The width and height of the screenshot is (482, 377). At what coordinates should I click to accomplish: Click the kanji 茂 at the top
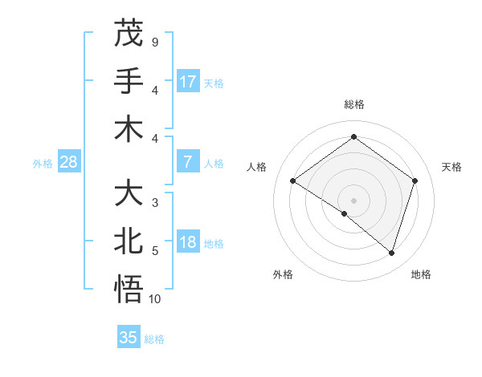point(129,33)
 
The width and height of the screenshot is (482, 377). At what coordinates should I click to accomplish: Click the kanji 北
point(129,242)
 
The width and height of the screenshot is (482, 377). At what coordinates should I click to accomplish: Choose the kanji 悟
point(129,290)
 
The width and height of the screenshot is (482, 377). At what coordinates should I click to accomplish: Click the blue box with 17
point(188,81)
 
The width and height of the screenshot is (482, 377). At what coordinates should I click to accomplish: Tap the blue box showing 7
point(188,162)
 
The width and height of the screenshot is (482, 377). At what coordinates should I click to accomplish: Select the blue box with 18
point(188,242)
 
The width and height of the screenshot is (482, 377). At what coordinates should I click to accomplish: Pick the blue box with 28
point(69,162)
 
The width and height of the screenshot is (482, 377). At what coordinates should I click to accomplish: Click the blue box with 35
point(129,338)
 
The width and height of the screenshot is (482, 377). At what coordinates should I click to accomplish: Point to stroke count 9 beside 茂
point(154,41)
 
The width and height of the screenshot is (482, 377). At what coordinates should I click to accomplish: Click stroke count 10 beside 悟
point(156,298)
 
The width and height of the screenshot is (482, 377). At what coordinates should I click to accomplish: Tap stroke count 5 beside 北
point(154,251)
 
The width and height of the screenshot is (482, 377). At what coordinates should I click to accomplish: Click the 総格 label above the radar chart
point(353,104)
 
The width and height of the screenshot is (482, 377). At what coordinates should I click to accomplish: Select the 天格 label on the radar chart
point(451,167)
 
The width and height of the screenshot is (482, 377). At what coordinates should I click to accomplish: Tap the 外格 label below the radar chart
point(282,274)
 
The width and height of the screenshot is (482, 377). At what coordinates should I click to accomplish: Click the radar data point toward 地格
point(391,253)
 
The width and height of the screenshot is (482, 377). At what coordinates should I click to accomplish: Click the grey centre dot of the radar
point(353,200)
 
